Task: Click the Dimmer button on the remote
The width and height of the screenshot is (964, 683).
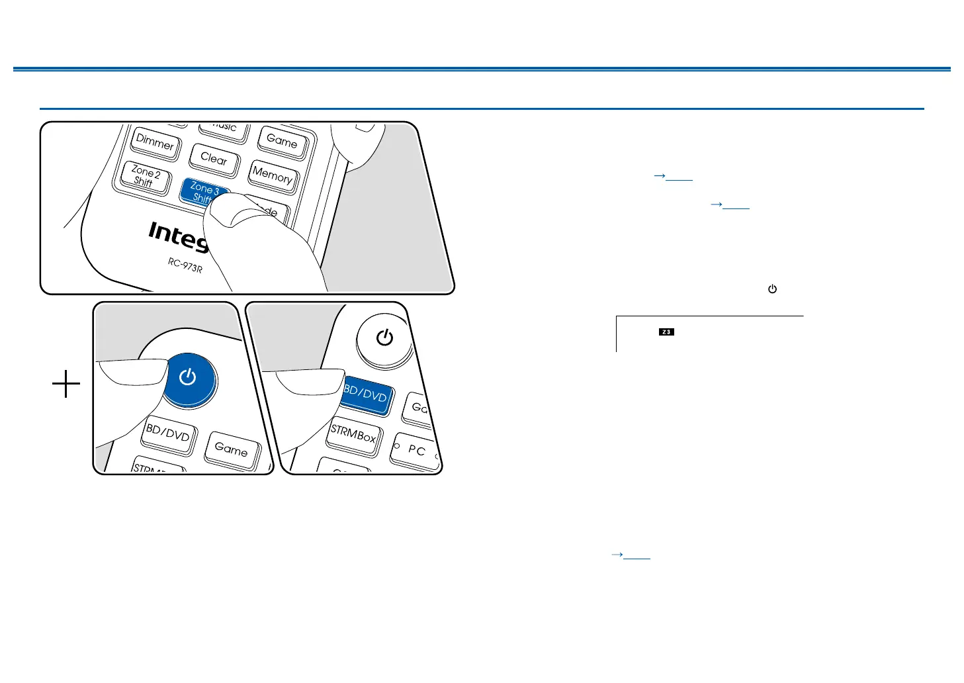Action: point(155,143)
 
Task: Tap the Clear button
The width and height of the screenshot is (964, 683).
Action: point(213,159)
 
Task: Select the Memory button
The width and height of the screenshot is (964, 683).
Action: point(272,175)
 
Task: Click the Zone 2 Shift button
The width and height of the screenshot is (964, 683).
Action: point(146,177)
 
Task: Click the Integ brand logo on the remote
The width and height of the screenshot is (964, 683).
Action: point(177,236)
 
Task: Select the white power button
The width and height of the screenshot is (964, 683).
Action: point(384,338)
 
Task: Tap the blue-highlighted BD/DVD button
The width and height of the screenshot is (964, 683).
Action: point(365,395)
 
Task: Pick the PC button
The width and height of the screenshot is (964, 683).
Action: point(416,450)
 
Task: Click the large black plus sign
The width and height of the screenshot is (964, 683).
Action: point(66,384)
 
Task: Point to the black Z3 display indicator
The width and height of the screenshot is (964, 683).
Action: point(666,332)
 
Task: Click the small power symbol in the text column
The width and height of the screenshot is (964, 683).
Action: point(772,289)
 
